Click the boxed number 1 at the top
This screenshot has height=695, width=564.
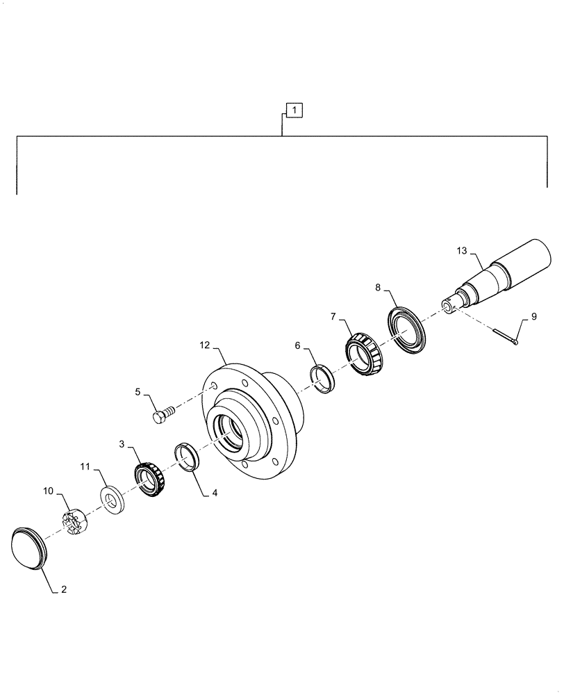(x=294, y=110)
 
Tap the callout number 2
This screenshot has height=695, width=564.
(x=64, y=590)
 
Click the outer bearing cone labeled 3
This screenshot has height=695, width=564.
(x=150, y=480)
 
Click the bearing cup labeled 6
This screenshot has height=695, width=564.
(x=322, y=378)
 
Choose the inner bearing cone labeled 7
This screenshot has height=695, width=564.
(x=365, y=353)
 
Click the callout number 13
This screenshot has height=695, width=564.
(x=463, y=250)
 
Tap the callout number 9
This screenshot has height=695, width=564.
(x=533, y=316)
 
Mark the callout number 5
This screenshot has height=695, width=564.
(x=138, y=393)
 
